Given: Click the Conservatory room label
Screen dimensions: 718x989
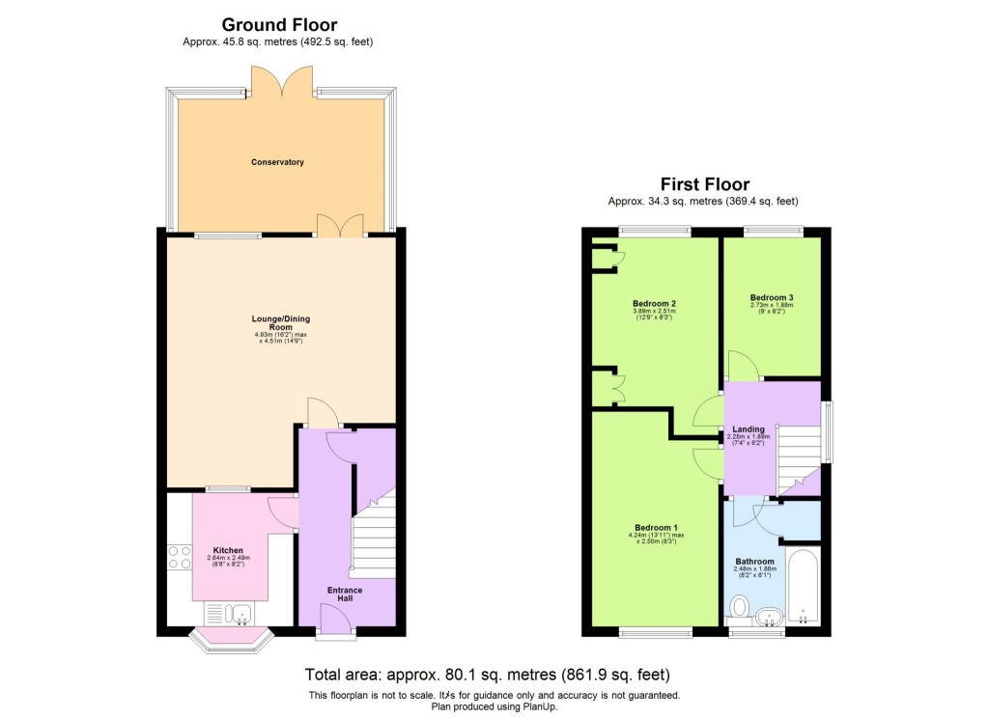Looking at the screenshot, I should pos(277,162).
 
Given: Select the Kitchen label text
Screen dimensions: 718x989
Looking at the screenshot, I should pos(228,550).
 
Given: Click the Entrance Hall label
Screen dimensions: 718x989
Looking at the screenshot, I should pos(345,594).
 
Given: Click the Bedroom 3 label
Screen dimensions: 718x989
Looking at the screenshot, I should pos(772,297).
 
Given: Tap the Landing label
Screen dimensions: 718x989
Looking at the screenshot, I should pos(749,429).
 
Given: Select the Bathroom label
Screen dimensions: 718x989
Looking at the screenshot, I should pos(754,562).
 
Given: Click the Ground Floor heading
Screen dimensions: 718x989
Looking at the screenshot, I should pos(279,25).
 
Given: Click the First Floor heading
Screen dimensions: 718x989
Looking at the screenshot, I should pos(704,184).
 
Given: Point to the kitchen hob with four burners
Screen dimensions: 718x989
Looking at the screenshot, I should pos(180,557).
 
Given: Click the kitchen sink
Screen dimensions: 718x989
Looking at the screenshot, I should pos(229,613).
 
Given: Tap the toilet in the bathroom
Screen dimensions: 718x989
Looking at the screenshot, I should pos(740,607).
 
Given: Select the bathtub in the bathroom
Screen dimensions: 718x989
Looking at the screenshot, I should pos(803,586).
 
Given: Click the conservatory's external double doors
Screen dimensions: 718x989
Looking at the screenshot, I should pos(281,81).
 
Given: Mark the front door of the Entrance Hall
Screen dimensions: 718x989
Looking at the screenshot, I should pos(336,630).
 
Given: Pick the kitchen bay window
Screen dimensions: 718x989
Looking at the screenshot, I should pos(229,639).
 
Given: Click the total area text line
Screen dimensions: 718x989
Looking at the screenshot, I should pos(487,675).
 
